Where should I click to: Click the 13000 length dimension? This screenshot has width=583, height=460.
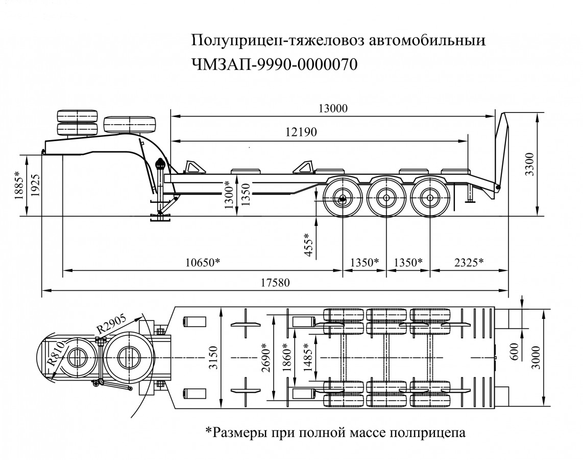pyautogui.click(x=332, y=108)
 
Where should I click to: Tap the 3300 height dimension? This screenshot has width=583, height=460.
pyautogui.click(x=529, y=164)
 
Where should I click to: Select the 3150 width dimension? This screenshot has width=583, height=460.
pyautogui.click(x=213, y=358)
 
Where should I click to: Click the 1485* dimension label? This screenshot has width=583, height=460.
pyautogui.click(x=308, y=357)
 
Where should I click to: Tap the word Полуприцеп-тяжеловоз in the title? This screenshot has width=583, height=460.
pyautogui.click(x=275, y=40)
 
